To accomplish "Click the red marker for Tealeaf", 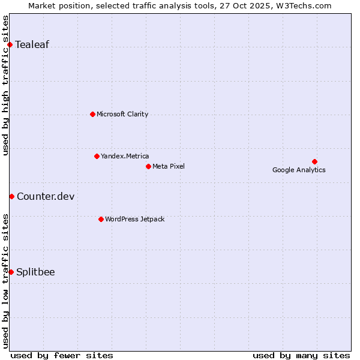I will coord(10,44).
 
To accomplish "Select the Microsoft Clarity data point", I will coord(92,114).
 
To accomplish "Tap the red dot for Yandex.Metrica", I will coord(97,156).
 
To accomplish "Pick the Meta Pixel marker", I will coord(148,166).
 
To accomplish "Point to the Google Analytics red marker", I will coord(314,161).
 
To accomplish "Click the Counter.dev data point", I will coord(11,196).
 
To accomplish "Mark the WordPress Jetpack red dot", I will coord(101,219).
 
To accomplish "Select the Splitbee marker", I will coord(11,272).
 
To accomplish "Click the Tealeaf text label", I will coord(32,44).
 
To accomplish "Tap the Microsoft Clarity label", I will coord(122,114).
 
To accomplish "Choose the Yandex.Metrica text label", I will coord(125,156).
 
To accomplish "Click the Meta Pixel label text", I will coord(169,166).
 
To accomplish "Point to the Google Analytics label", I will coord(299,170).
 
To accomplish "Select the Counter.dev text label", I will coord(46,197).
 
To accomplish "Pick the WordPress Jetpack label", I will coord(134,219).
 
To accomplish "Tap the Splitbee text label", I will coord(35,272).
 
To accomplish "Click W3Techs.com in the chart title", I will coord(306,6).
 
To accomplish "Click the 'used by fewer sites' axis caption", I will coord(62,355).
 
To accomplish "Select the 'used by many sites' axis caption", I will coord(301,355).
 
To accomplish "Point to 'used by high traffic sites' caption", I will coord(6,85).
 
